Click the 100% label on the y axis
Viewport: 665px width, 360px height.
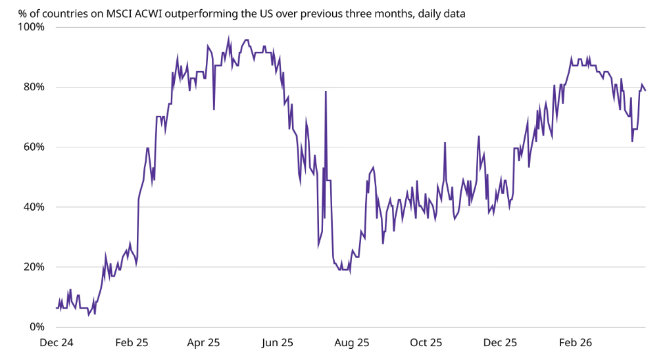pos(31,27)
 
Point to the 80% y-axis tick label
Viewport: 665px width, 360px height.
pos(34,87)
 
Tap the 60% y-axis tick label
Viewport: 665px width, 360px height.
pos(34,147)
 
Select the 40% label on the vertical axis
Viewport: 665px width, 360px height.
pos(34,207)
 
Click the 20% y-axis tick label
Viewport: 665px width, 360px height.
pos(34,267)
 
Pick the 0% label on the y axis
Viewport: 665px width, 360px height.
pos(36,327)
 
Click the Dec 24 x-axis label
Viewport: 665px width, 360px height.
pos(57,343)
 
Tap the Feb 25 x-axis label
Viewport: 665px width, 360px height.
pos(132,343)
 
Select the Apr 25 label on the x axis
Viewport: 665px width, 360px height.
pos(203,343)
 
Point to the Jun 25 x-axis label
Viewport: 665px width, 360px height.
pos(278,343)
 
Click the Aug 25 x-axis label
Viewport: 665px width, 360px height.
pos(352,343)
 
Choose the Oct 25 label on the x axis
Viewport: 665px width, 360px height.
pos(426,343)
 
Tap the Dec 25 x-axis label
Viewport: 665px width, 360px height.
pos(500,343)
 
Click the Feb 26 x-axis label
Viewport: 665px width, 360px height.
pos(575,343)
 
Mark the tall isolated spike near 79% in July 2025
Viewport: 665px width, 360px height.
pos(326,91)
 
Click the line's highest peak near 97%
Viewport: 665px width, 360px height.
pos(229,38)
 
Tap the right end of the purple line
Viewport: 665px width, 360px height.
pos(645,90)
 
